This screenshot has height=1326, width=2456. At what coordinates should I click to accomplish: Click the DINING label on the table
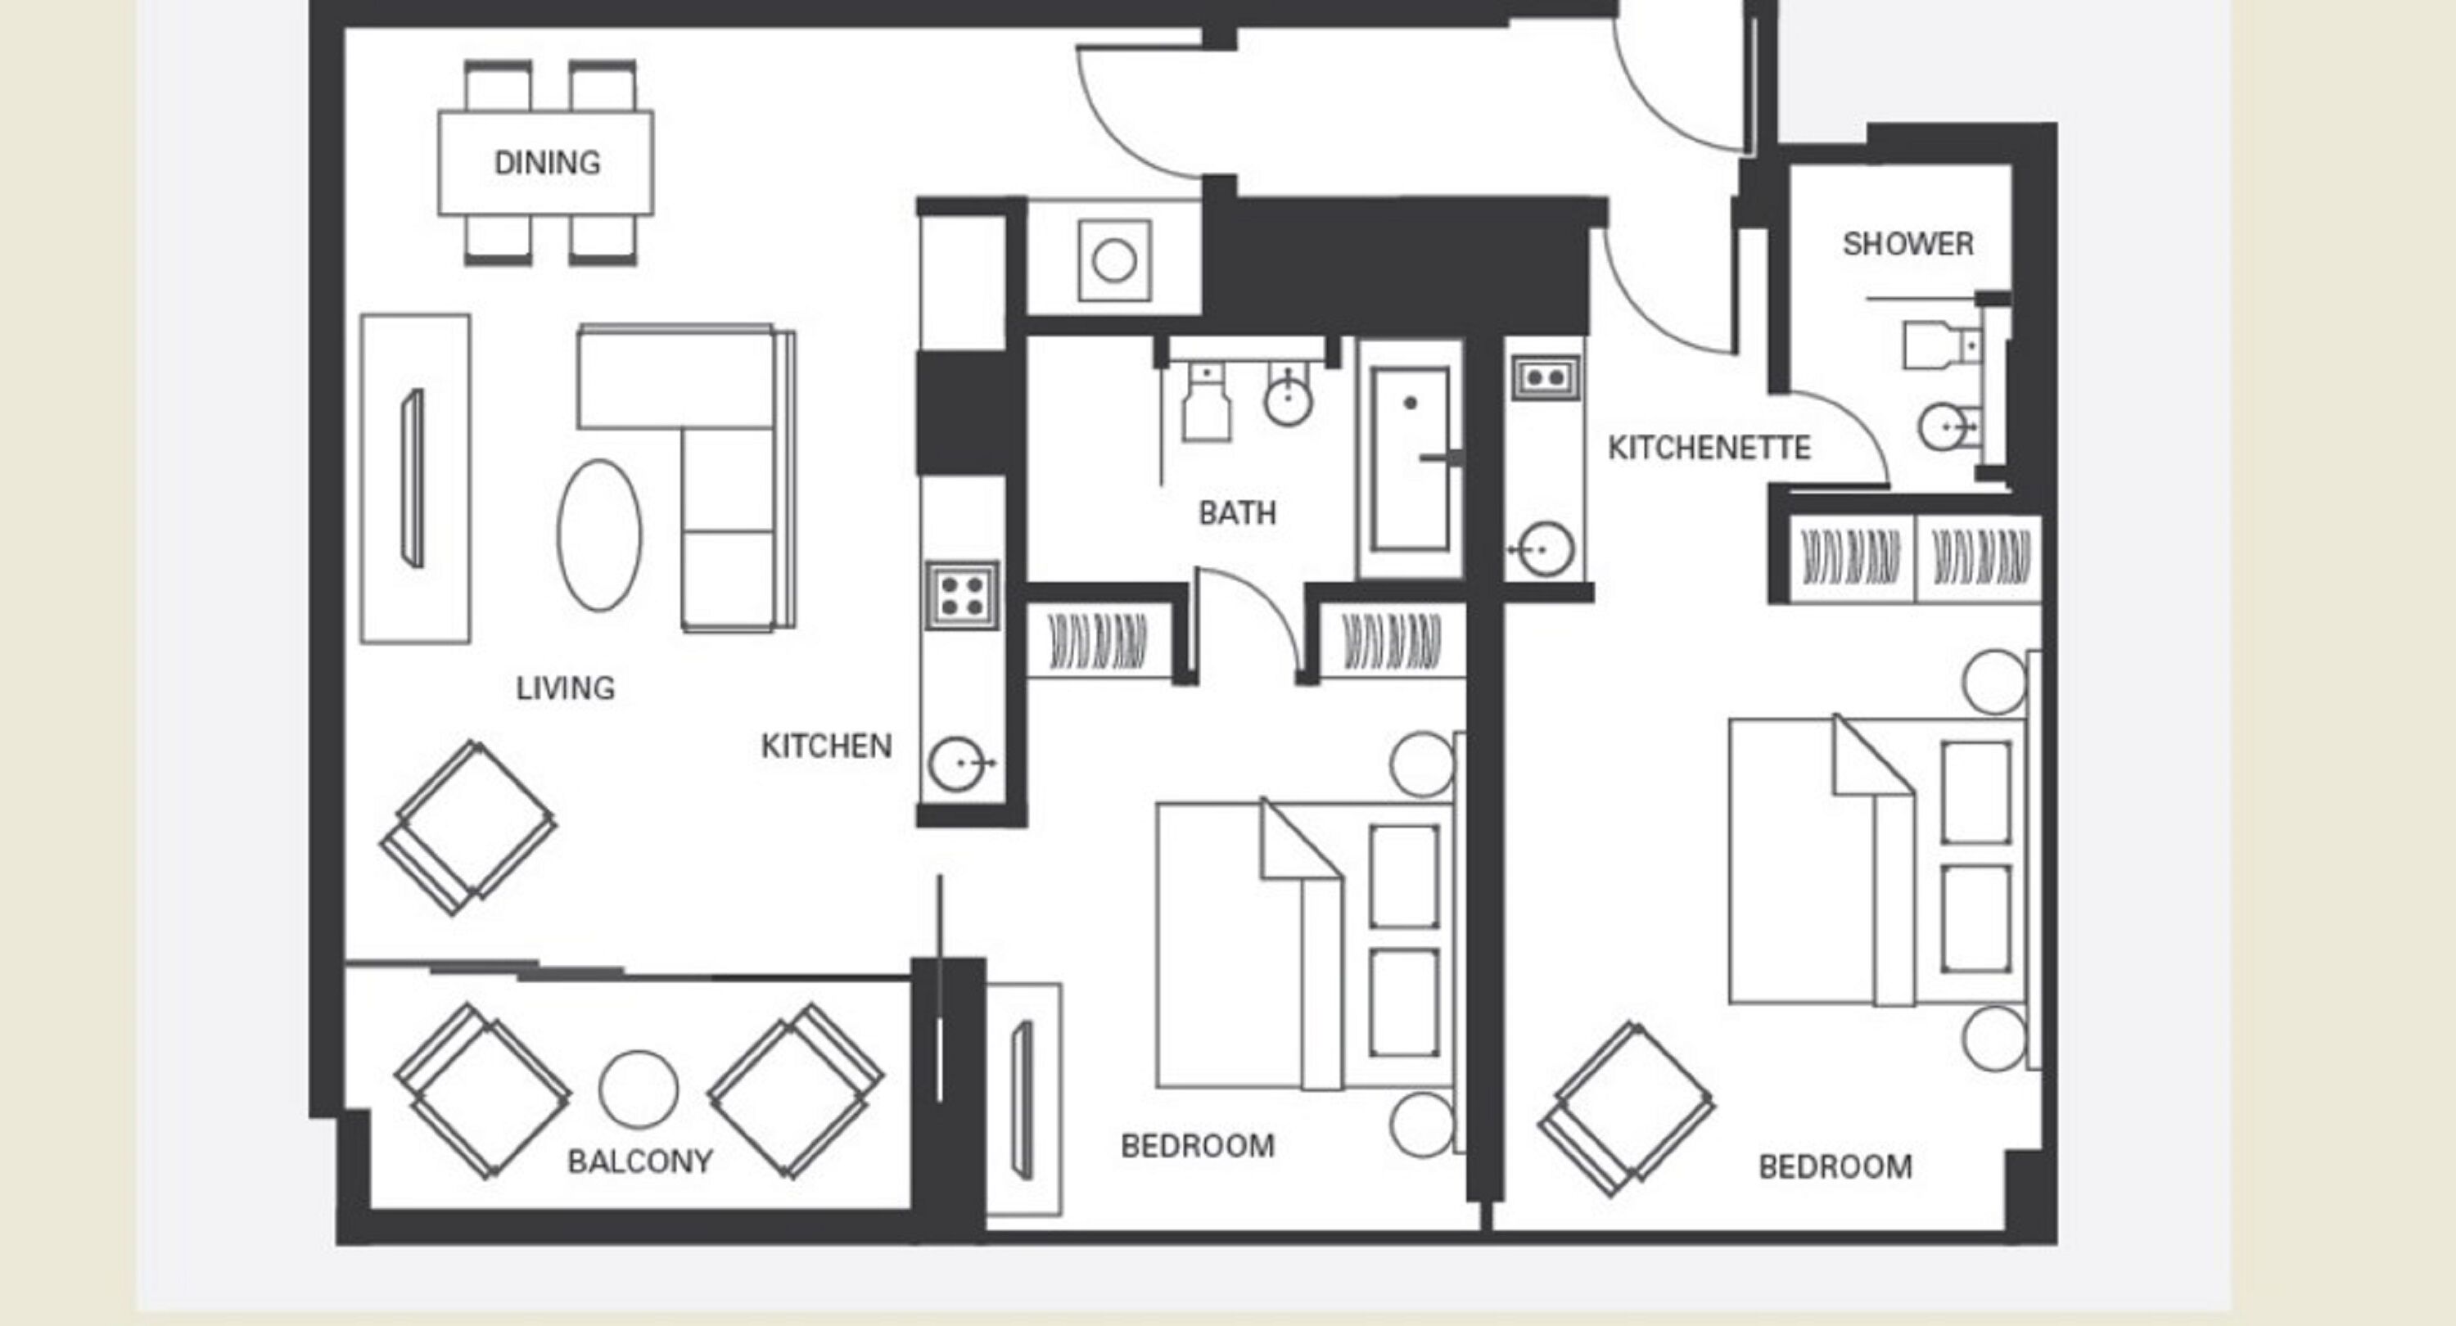pos(546,163)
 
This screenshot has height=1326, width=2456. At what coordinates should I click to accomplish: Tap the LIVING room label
pos(566,688)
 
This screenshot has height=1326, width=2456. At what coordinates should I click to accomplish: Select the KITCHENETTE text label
pos(1709,448)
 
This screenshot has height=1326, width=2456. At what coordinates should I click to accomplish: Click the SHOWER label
pos(1907,244)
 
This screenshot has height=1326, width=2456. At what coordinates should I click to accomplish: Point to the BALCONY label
pos(639,1161)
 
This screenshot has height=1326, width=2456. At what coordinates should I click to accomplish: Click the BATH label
pos(1236,514)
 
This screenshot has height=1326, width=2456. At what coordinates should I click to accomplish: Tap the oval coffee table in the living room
pos(598,534)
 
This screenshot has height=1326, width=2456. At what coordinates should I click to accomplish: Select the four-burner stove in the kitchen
pos(962,596)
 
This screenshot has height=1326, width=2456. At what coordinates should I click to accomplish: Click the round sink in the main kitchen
pos(956,764)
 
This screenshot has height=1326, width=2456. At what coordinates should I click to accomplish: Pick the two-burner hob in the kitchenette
pos(1546,377)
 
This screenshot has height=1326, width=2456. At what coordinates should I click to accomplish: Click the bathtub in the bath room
pos(1410,459)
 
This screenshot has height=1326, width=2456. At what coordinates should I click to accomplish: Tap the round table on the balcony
pos(638,1089)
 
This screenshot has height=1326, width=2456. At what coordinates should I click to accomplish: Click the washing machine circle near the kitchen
pos(1113,260)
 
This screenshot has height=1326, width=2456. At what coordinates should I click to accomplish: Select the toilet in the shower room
pos(1935,345)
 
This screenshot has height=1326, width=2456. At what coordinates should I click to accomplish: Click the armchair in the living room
pos(469,828)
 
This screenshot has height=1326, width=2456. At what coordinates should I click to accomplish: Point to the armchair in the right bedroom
pos(1627,1108)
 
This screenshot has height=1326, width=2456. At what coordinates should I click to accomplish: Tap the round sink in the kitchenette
pos(1545,550)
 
